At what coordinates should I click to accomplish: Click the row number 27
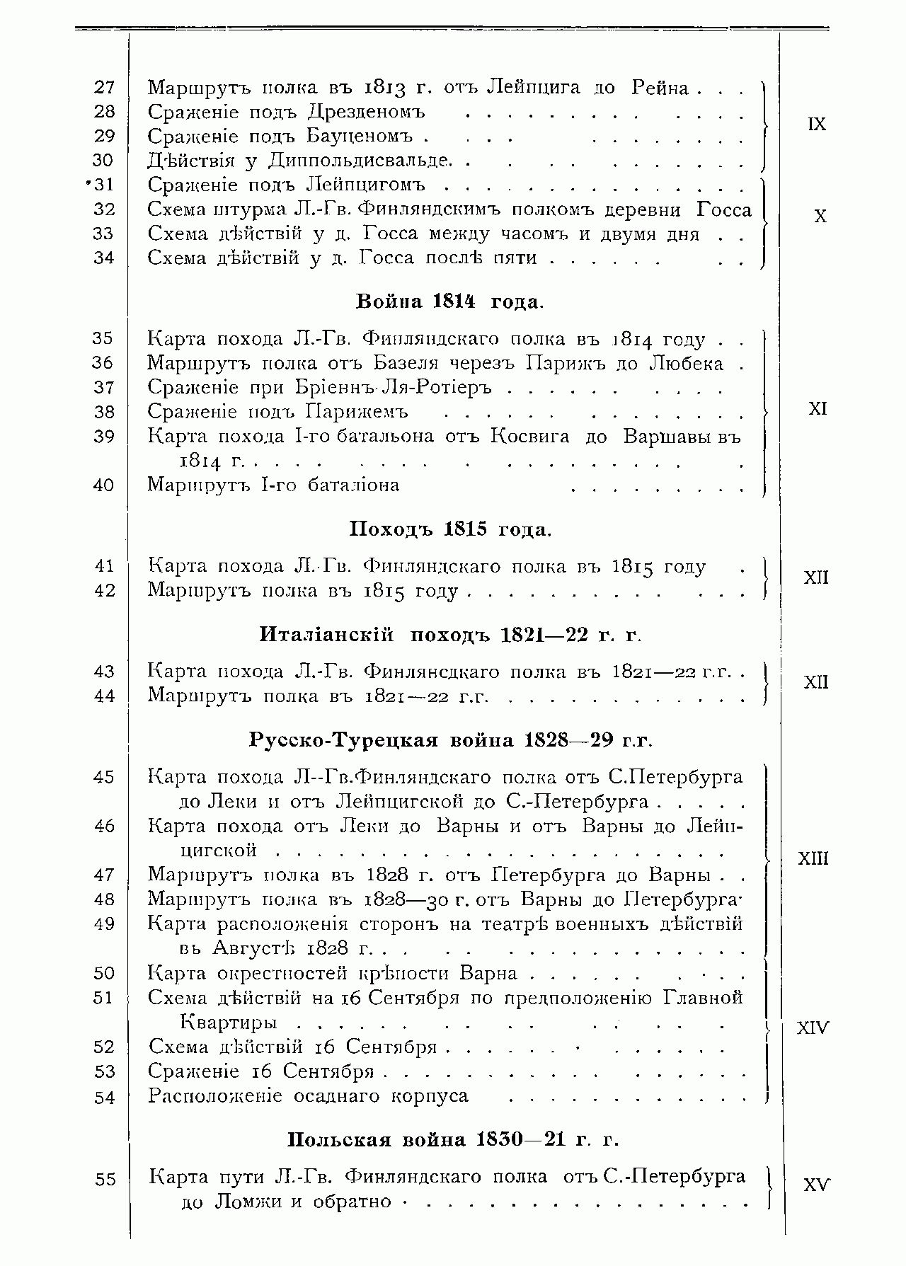point(103,87)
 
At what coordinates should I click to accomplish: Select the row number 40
point(103,485)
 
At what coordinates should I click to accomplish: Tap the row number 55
point(104,1180)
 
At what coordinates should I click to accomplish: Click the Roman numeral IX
point(816,124)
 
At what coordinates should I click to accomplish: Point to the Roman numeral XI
point(818,409)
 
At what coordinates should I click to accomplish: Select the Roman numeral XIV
point(812,1028)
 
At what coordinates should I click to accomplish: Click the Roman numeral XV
point(816,1185)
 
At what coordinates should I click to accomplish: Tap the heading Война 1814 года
point(449,302)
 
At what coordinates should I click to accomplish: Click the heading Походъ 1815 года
point(449,529)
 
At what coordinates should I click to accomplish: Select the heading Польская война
point(377,1140)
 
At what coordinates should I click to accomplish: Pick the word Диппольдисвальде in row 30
point(360,161)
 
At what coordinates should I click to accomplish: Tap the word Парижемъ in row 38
point(357,412)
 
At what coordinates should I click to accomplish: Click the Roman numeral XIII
point(813,859)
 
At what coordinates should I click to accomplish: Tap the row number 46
point(103,826)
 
